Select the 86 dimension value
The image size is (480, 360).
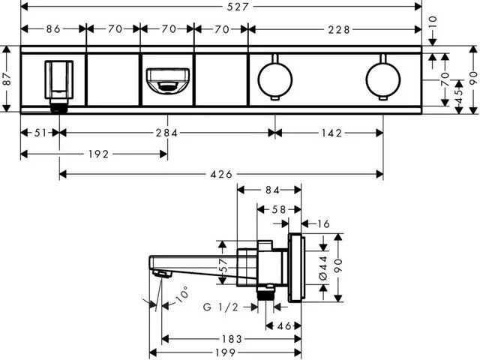[x=52, y=31]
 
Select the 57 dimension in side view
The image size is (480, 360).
[x=221, y=266]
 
